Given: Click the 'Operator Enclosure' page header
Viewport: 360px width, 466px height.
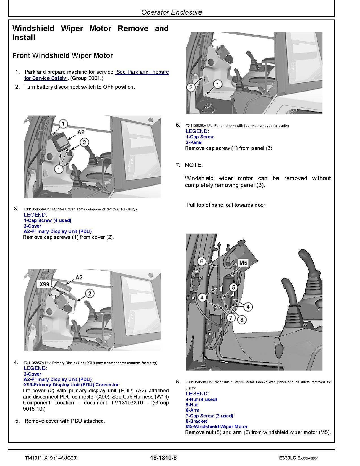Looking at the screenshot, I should click(172, 12).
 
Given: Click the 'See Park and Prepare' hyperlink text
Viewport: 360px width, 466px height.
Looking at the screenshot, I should click(142, 72).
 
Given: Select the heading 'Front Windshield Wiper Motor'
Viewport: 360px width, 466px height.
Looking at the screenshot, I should click(63, 55).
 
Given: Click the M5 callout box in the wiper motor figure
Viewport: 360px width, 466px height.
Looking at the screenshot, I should click(243, 263).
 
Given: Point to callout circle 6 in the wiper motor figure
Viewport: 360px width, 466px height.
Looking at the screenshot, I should click(202, 261).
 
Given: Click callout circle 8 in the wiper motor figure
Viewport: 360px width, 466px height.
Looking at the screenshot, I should click(242, 320).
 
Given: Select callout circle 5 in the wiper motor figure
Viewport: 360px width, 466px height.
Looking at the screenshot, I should click(234, 288).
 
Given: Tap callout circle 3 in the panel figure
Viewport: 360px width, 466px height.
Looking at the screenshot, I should click(191, 87).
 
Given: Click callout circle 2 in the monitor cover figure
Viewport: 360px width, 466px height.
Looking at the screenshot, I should click(84, 142).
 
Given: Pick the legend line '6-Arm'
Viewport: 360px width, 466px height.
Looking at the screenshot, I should click(192, 410).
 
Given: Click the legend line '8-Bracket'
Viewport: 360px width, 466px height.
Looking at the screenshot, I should click(196, 421).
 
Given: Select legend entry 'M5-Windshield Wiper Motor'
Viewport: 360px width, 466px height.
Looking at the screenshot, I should click(217, 426).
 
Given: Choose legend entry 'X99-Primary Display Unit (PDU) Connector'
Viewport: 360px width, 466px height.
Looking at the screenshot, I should click(71, 385).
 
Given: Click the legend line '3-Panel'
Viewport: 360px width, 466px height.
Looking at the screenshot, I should click(194, 142).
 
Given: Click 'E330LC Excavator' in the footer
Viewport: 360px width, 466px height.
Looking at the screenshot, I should click(298, 458).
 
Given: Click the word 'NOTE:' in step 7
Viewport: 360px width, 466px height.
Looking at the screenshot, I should click(194, 165).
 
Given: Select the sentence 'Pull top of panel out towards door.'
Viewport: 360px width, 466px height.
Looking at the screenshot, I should click(226, 205).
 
